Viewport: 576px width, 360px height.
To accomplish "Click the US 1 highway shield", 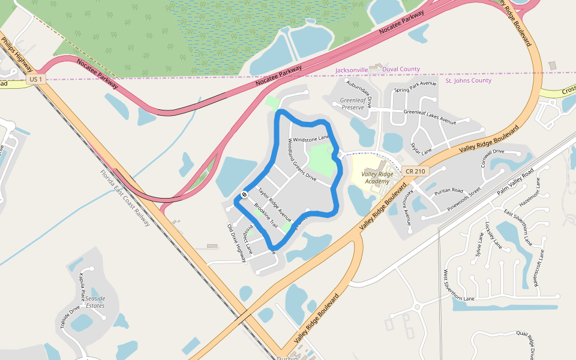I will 35,79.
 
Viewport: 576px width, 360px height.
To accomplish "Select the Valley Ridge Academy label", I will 377,178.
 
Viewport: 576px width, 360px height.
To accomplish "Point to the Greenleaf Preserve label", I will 352,104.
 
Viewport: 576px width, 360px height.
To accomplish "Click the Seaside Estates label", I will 95,302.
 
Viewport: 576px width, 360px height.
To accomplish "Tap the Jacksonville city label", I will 352,70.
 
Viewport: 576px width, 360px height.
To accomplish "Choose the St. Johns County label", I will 468,80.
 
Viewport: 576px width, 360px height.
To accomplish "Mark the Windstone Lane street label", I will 311,139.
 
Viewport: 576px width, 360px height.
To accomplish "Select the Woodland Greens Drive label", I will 302,160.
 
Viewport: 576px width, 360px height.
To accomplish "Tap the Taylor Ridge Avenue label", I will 274,203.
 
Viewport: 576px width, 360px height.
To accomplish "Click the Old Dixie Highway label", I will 236,243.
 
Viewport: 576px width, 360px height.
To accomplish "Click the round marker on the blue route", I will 245,194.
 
